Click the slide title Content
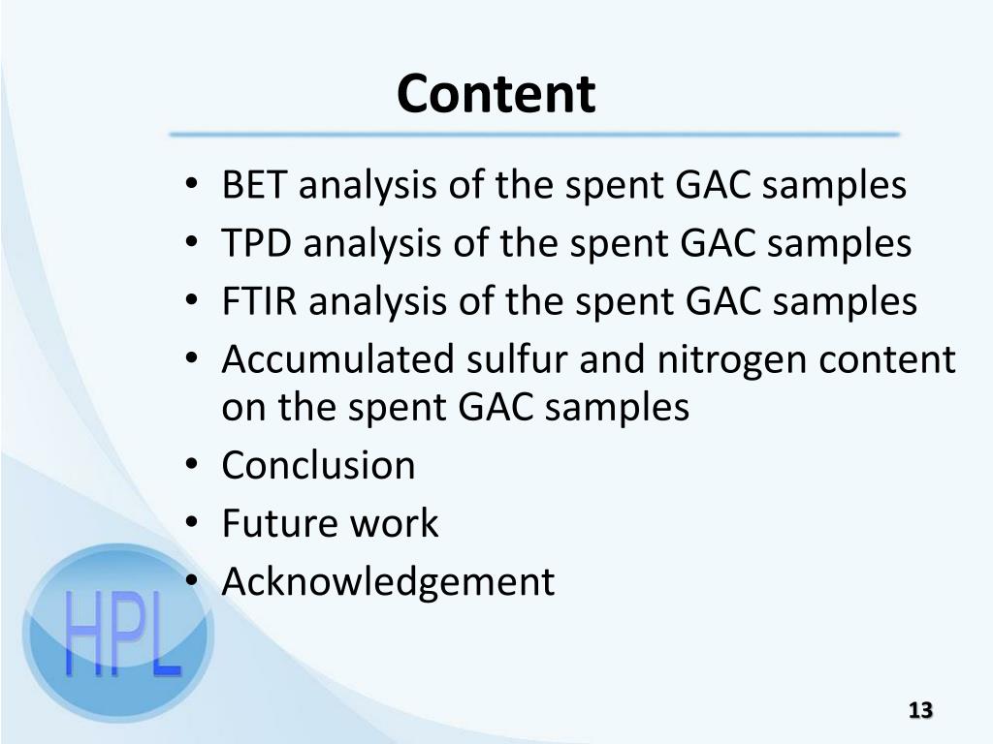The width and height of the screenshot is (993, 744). pyautogui.click(x=496, y=94)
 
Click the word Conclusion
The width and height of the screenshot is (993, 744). pyautogui.click(x=318, y=466)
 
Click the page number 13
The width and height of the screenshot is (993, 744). pyautogui.click(x=920, y=710)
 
